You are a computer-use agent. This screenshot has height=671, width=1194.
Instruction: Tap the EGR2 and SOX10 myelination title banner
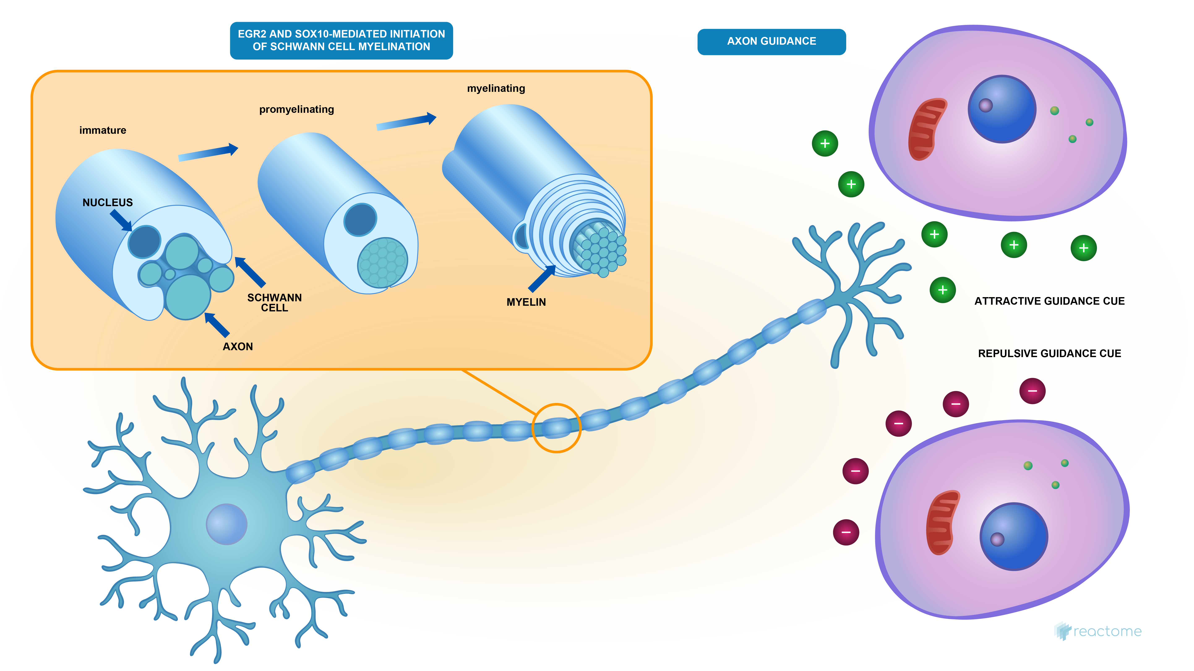point(341,40)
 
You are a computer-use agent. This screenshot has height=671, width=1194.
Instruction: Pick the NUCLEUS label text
point(108,203)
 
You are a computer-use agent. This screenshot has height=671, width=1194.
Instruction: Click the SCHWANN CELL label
point(274,303)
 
